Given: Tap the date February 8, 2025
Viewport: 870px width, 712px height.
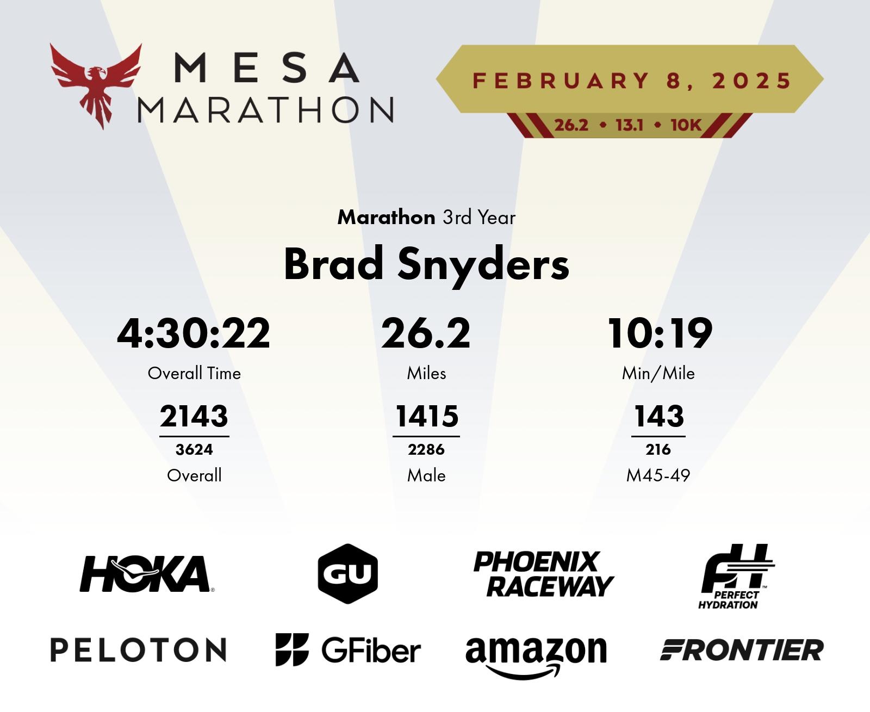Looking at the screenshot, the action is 631,81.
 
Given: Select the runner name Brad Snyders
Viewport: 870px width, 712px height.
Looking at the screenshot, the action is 426,264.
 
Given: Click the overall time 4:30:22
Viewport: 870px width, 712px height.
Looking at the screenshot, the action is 194,333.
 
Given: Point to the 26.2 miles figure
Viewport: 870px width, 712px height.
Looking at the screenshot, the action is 426,333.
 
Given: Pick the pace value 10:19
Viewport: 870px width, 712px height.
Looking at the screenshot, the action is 660,333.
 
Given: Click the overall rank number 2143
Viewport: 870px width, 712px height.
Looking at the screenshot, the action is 194,416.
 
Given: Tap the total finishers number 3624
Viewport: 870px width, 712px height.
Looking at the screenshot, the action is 194,449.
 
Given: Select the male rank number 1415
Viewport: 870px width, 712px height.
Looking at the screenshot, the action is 426,416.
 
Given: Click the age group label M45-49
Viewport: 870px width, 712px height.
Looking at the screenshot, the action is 658,475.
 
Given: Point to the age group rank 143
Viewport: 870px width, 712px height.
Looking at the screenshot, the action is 659,416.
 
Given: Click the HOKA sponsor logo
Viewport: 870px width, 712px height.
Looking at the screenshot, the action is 147,574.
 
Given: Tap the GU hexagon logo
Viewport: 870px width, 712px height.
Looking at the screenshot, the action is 348,574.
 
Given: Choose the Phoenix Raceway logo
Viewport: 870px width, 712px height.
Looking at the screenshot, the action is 544,574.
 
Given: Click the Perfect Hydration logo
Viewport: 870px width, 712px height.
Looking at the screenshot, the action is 736,577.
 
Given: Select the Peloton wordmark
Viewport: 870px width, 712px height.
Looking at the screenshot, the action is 138,649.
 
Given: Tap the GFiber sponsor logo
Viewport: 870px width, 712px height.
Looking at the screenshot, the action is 348,649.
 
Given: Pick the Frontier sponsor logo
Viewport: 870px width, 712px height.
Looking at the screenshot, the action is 741,650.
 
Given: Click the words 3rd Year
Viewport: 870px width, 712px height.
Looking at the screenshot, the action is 479,218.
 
